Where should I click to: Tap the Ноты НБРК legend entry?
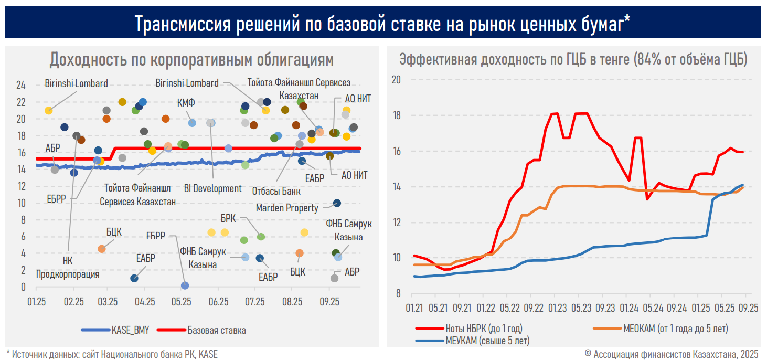484,329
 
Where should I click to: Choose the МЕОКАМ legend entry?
676,329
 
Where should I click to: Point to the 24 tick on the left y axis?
20,86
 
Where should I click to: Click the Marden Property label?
286,208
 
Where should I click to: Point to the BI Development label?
213,188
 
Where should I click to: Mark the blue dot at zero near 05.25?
185,285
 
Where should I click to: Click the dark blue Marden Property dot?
337,203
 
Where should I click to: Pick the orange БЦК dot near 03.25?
102,249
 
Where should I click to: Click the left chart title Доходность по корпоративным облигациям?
191,60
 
